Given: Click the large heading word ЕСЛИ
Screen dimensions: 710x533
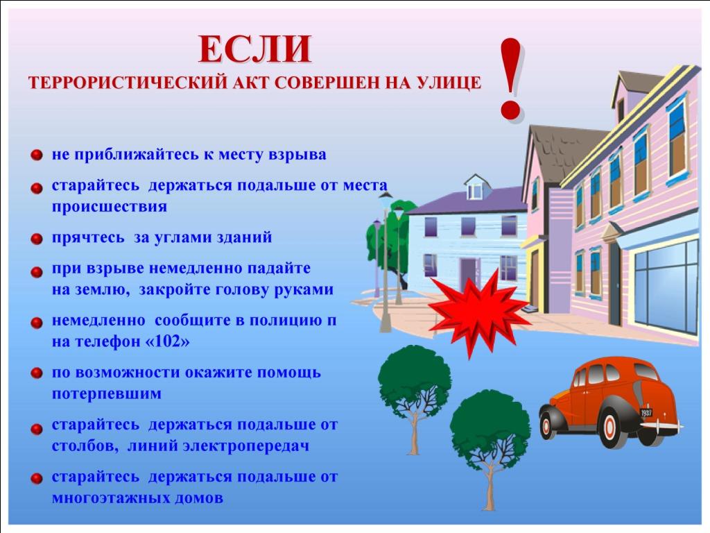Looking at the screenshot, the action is tap(255, 49).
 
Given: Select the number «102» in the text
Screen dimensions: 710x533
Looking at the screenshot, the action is tap(167, 341).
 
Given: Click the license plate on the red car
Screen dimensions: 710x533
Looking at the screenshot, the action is tap(646, 413).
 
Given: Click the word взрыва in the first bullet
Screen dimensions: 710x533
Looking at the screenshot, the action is tap(297, 155).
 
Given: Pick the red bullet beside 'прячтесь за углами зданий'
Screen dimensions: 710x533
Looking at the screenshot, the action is tap(37, 239).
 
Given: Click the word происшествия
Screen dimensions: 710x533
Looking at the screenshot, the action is tap(109, 207).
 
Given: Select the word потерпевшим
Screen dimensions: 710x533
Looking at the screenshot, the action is tap(106, 394).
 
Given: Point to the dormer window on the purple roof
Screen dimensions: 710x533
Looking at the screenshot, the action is tap(476, 187).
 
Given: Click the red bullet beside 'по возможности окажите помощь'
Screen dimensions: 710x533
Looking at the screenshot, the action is tap(37, 373).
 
